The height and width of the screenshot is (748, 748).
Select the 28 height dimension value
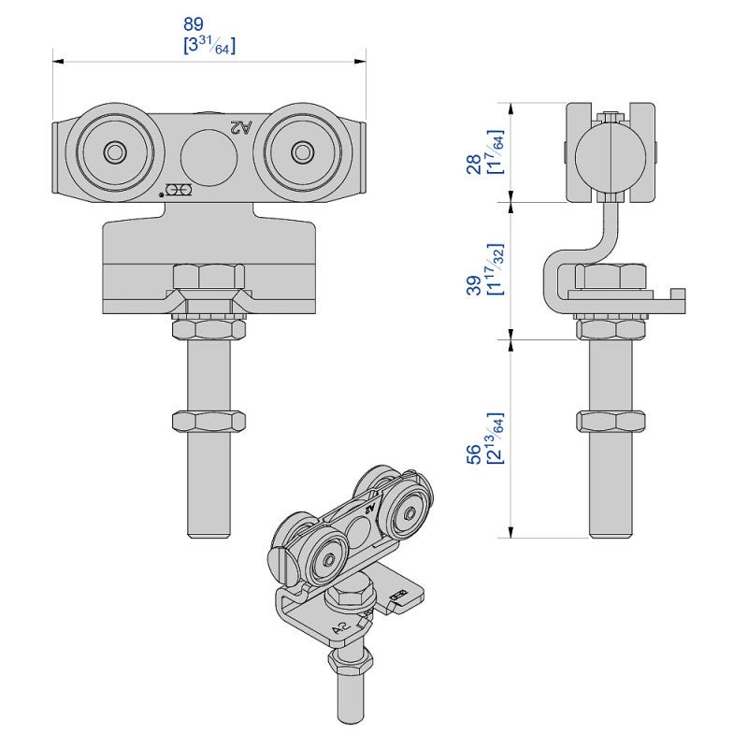pyautogui.click(x=475, y=151)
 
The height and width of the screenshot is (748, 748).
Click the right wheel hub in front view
pyautogui.click(x=302, y=151)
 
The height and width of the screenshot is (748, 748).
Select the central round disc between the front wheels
pyautogui.click(x=208, y=152)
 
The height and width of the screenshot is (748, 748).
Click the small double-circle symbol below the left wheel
pyautogui.click(x=180, y=191)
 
